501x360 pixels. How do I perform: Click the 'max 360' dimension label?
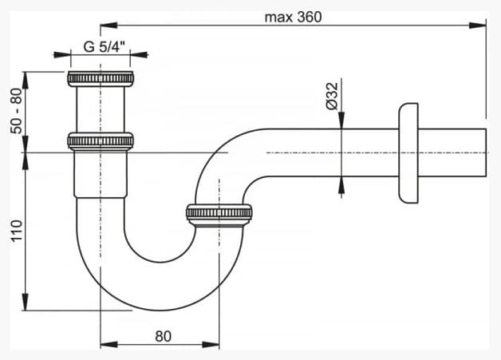(x=293, y=18)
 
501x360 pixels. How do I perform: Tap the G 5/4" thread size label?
(x=104, y=47)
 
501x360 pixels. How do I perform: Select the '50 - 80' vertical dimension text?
(x=17, y=111)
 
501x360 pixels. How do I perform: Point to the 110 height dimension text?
(x=17, y=231)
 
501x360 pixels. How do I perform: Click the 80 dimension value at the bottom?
(x=163, y=336)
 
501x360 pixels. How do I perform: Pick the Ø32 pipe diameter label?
(x=333, y=97)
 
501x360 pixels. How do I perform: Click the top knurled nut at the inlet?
(x=101, y=79)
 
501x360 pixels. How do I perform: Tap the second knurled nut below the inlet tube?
(x=101, y=141)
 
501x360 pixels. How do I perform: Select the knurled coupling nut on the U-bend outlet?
(x=219, y=213)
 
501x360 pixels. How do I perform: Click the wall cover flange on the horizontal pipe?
(x=408, y=152)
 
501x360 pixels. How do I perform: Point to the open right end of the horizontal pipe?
(x=486, y=152)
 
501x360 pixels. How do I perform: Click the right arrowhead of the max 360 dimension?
(x=478, y=26)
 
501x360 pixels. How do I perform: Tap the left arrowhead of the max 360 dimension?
(x=109, y=26)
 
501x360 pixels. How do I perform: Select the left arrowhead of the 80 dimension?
(x=109, y=345)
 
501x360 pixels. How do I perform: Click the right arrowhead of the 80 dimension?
(x=211, y=345)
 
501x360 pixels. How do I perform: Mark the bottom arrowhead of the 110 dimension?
(x=25, y=302)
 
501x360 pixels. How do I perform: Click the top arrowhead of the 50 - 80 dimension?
(x=25, y=81)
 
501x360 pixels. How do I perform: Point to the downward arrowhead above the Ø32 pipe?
(x=341, y=121)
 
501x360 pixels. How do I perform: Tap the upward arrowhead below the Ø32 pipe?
(x=341, y=185)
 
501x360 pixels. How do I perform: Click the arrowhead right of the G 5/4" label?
(x=139, y=54)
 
